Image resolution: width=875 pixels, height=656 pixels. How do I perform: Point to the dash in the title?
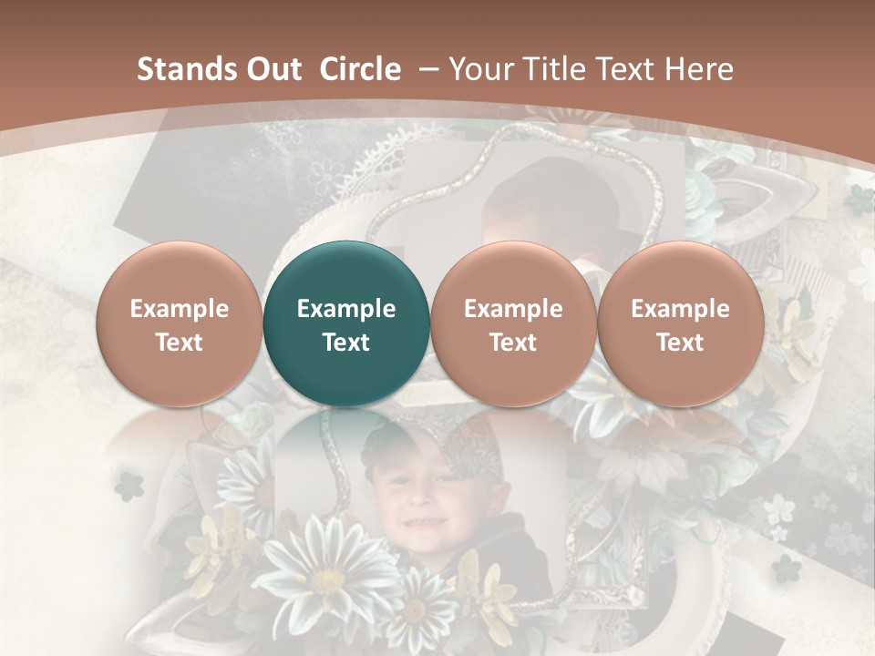pyautogui.click(x=430, y=70)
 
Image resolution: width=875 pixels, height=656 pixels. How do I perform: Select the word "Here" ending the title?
pyautogui.click(x=699, y=69)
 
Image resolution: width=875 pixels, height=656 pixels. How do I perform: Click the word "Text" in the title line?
pyautogui.click(x=625, y=69)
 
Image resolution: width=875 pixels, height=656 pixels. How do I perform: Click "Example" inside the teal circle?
pyautogui.click(x=346, y=309)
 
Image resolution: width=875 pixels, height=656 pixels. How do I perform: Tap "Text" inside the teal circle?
pyautogui.click(x=346, y=343)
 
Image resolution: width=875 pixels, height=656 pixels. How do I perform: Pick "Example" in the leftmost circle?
pyautogui.click(x=179, y=309)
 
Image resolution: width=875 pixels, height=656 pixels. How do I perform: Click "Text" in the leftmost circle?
pyautogui.click(x=179, y=343)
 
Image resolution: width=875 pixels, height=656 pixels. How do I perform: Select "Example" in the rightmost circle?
pyautogui.click(x=680, y=309)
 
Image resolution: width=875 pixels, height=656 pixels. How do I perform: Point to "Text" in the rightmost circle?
pyautogui.click(x=680, y=343)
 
